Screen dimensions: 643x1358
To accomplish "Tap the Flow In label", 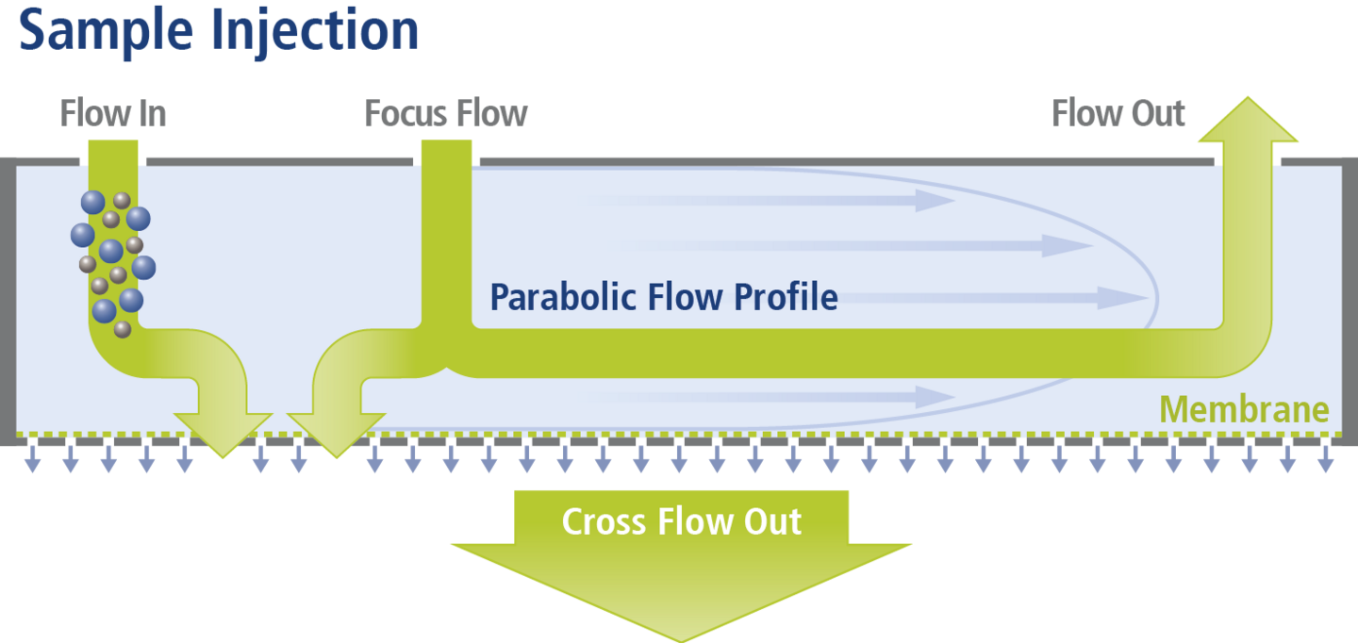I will [113, 114].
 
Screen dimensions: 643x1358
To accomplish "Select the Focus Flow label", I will [446, 114].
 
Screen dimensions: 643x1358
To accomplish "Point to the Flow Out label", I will [1118, 114].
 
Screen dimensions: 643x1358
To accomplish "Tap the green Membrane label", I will [1244, 410].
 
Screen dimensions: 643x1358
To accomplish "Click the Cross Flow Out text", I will [681, 521].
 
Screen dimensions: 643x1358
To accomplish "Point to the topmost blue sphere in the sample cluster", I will [92, 202].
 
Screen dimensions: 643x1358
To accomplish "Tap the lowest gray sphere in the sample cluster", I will [123, 329].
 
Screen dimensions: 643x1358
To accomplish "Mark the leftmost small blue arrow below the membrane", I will [31, 461].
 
